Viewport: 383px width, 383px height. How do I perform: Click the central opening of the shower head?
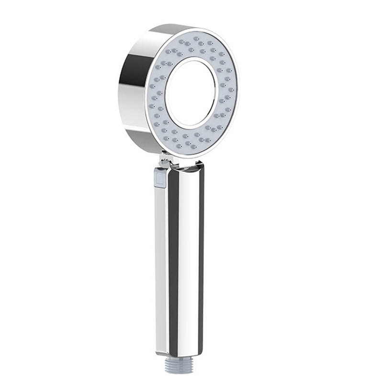click(191, 93)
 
